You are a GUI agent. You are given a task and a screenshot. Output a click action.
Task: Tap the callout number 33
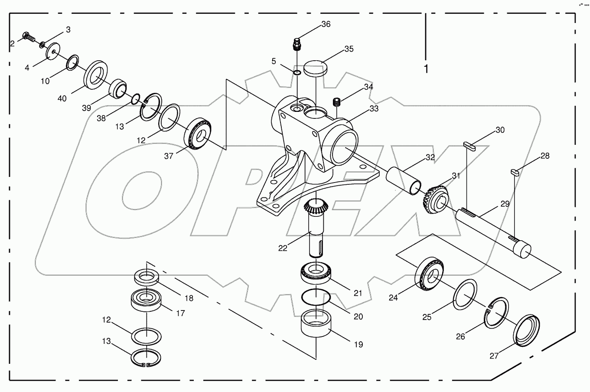tap(374, 108)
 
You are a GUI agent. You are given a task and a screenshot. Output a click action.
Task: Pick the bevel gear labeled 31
tap(435, 198)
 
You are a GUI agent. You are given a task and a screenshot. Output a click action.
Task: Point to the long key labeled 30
tap(469, 146)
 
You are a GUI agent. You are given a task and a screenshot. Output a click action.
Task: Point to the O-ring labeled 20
tap(316, 298)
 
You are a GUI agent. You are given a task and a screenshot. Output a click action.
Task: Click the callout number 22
tap(283, 248)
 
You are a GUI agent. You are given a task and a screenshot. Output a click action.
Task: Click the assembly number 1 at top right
tap(426, 69)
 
